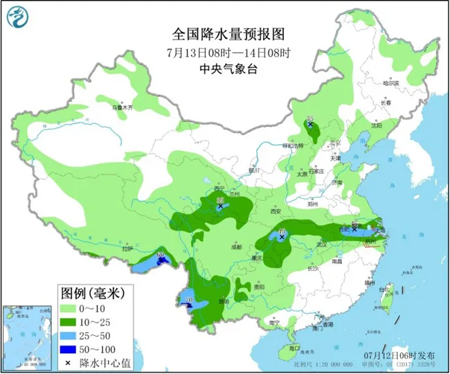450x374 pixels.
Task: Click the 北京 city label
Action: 336,142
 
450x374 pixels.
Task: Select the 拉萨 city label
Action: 127,248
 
